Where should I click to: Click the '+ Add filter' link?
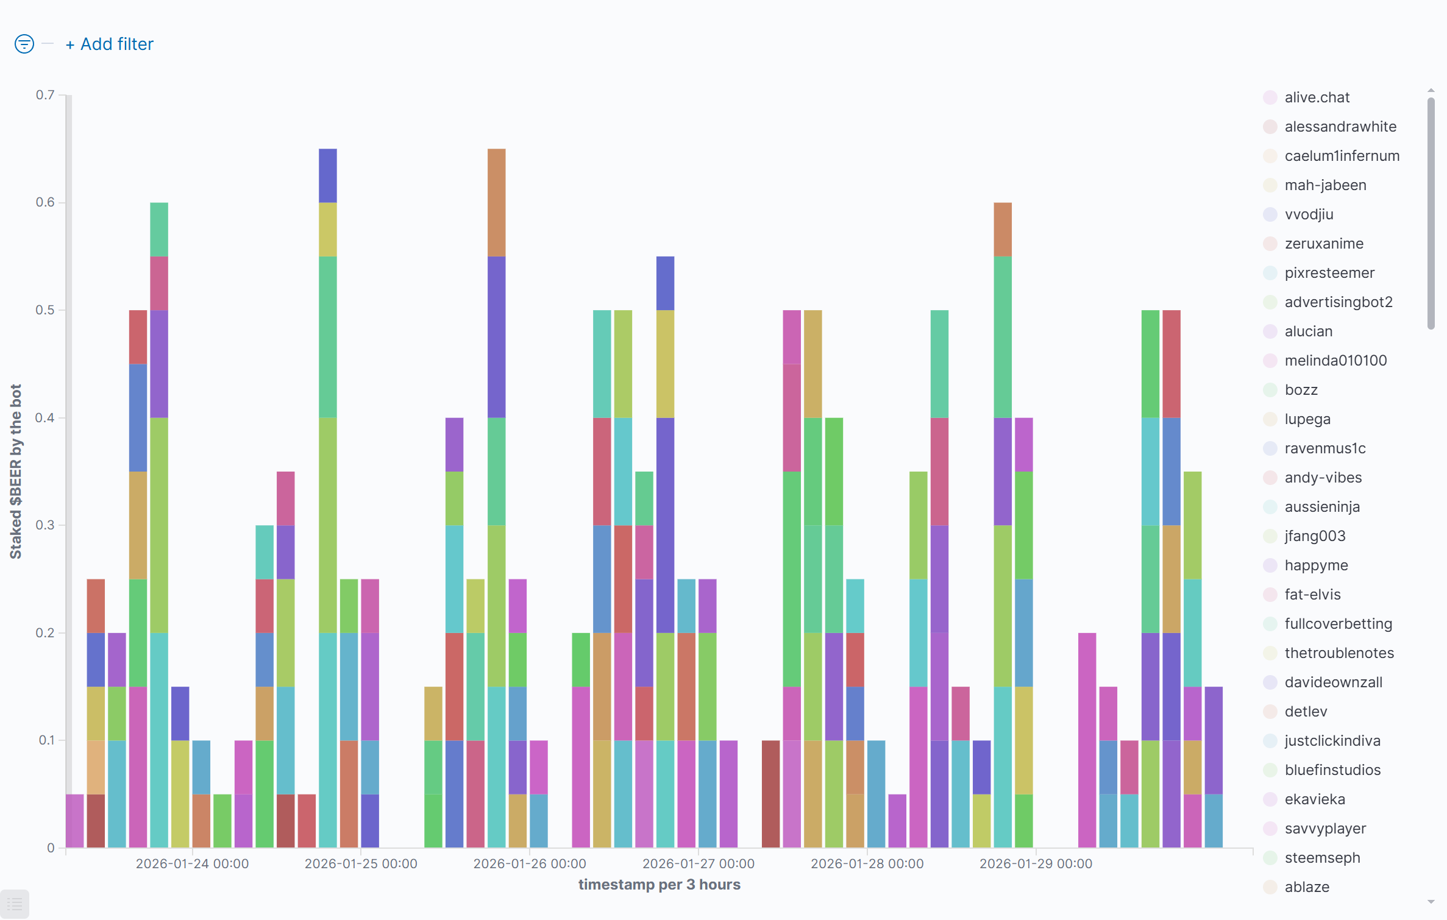coord(110,44)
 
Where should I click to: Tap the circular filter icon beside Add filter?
coord(24,44)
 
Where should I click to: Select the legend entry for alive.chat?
coord(1317,97)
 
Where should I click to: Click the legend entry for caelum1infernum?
coord(1342,156)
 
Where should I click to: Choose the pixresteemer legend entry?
coord(1329,273)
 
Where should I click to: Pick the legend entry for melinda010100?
coord(1335,361)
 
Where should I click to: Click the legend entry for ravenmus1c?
coord(1324,448)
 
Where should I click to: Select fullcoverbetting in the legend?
coord(1338,624)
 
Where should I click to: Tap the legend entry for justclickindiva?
coord(1332,741)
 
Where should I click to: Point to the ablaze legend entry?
coord(1307,887)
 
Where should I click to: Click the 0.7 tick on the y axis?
coord(45,95)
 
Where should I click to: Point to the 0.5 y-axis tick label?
coord(45,310)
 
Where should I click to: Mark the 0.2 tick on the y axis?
coord(45,633)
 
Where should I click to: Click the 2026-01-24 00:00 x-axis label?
coord(192,864)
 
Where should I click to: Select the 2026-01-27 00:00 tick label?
coord(698,864)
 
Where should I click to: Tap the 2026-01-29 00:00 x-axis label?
coord(1036,864)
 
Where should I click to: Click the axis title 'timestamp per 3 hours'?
coord(659,885)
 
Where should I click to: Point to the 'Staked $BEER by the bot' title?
coord(16,471)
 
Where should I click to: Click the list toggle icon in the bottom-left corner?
coord(15,905)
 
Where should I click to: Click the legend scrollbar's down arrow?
coord(1431,902)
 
